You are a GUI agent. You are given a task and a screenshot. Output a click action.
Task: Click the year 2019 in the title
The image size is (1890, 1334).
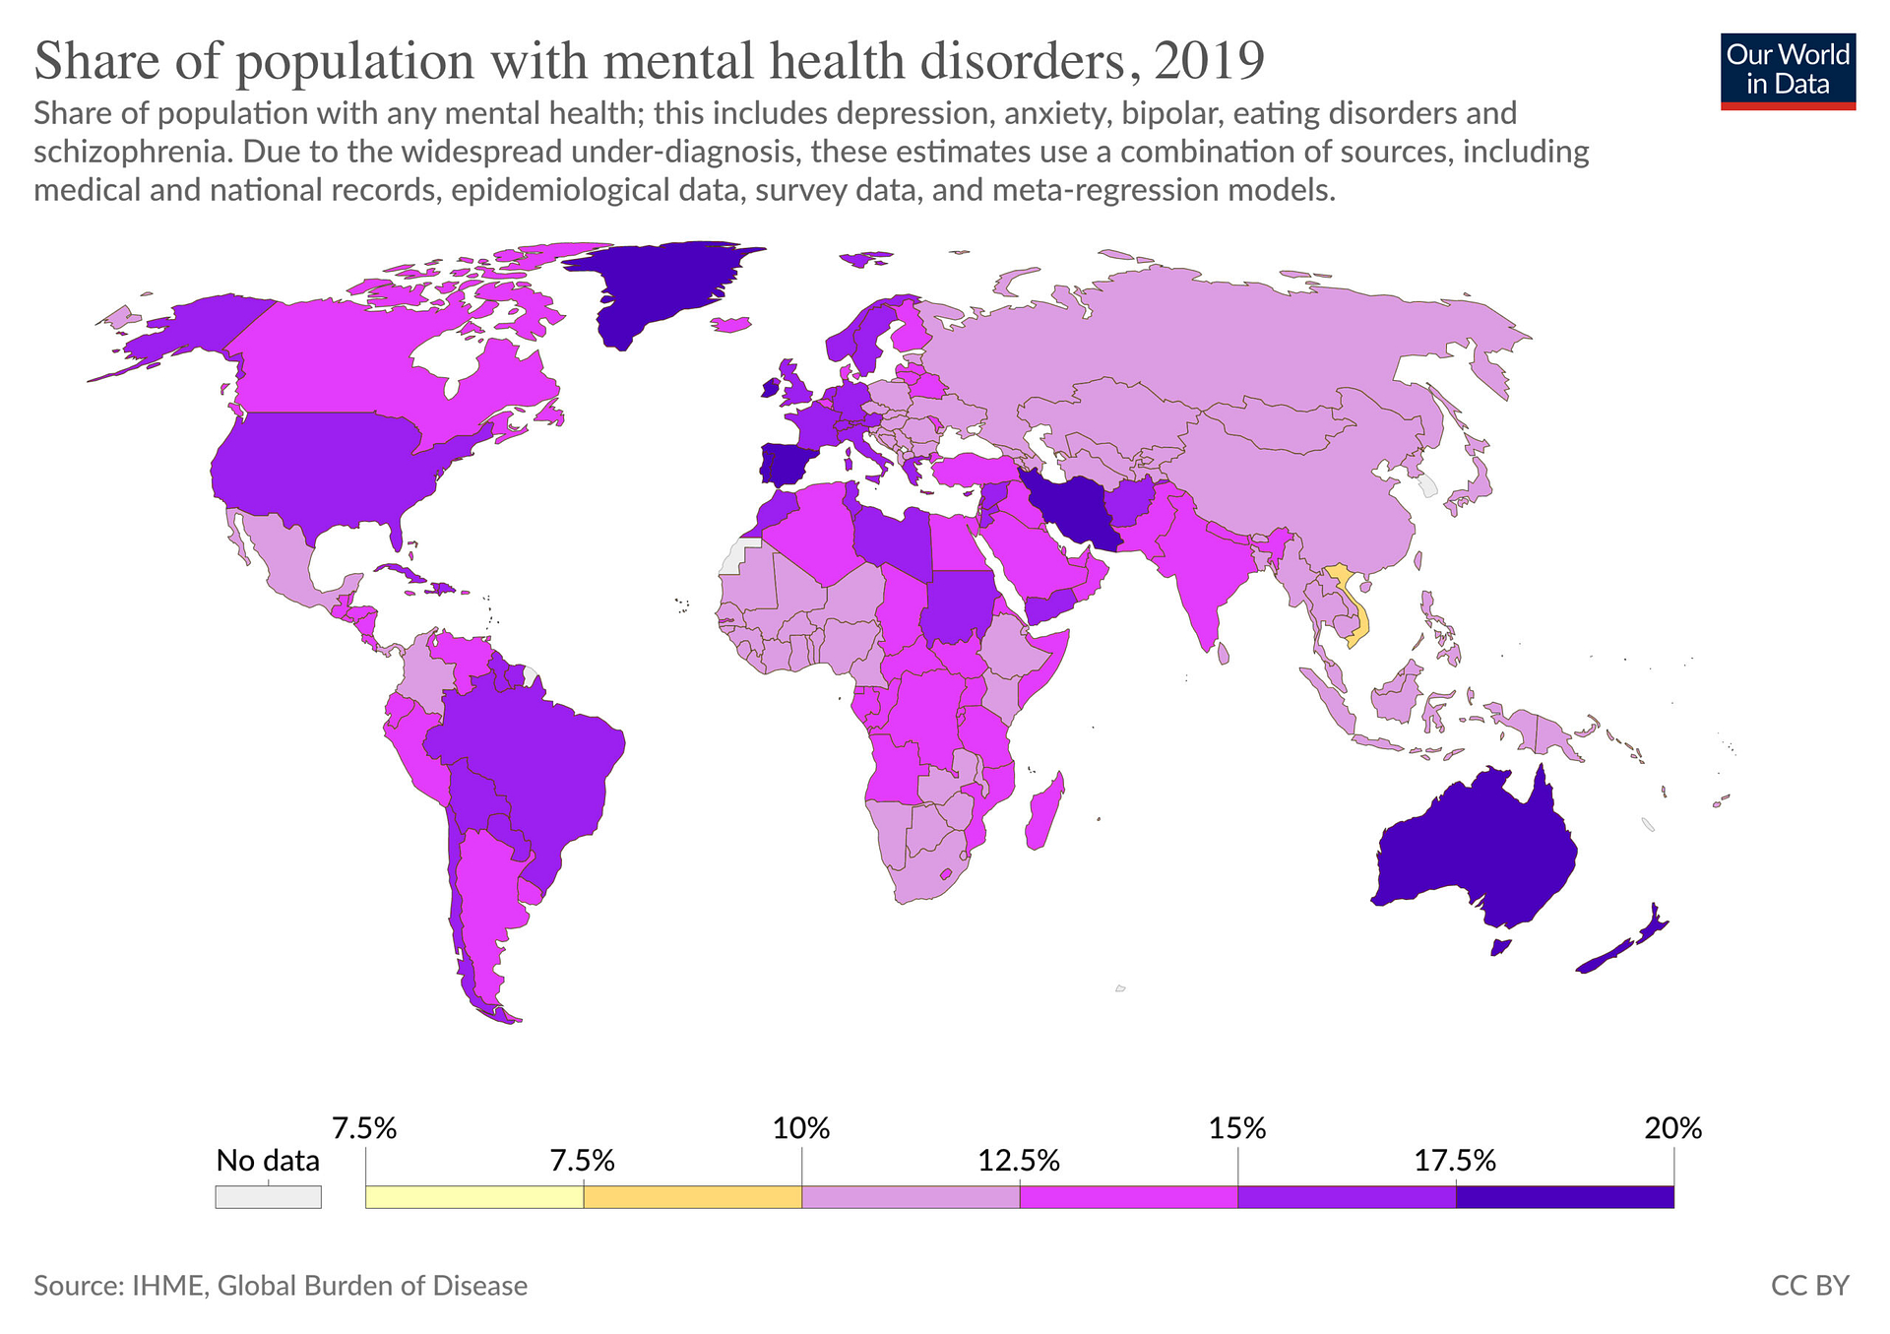(1209, 61)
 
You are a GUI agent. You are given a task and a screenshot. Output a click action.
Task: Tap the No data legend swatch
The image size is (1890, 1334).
(268, 1196)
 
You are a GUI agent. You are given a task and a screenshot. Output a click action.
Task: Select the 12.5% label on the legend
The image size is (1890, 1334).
(1019, 1161)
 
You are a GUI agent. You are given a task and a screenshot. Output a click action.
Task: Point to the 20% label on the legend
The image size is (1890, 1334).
(1672, 1128)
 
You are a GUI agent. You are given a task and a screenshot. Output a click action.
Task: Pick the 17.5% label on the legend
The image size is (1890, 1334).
(1455, 1161)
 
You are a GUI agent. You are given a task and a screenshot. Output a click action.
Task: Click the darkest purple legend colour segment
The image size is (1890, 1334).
(1564, 1196)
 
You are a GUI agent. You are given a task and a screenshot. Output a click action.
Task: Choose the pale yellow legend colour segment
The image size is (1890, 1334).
(474, 1196)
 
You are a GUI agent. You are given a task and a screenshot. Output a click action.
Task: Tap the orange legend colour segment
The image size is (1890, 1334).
(692, 1196)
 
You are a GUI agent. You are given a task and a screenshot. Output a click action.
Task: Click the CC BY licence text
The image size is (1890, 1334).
(1809, 1286)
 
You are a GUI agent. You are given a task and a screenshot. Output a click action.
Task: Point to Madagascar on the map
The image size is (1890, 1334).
(1044, 813)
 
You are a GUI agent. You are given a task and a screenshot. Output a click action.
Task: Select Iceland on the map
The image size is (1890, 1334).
(729, 324)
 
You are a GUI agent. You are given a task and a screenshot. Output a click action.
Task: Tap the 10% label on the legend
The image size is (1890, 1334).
(801, 1128)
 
